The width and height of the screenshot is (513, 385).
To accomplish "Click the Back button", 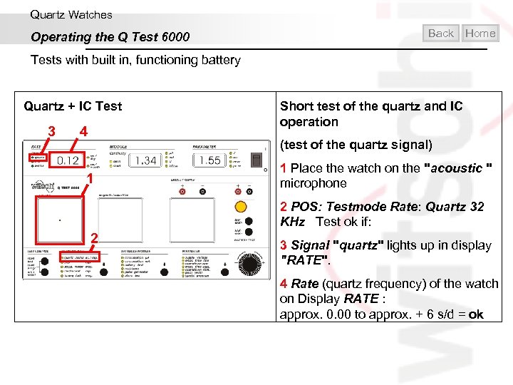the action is pos(441,33).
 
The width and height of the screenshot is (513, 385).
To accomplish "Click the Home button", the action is pos(480,33).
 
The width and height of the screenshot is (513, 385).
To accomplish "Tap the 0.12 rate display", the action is pos(68,160).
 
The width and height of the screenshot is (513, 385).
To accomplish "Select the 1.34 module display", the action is pos(145,160).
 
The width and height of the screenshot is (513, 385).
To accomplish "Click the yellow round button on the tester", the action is pos(241,207).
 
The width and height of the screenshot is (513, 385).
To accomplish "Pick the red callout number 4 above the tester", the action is pos(83,132).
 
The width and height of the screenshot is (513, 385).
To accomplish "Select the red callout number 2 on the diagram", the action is pos(93,238).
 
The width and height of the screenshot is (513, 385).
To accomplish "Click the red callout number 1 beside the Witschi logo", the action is pos(89,179).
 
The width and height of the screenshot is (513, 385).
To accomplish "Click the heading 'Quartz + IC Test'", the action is pos(73,106).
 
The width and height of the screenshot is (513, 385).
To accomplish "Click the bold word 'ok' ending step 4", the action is pos(476,314).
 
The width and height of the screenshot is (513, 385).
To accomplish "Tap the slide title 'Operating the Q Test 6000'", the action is pos(110,37).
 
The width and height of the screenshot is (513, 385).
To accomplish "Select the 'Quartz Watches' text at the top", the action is pos(71,14).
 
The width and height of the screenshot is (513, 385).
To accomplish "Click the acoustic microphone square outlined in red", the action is pos(59,220).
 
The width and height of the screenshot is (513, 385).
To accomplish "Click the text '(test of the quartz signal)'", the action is pos(356,145).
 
